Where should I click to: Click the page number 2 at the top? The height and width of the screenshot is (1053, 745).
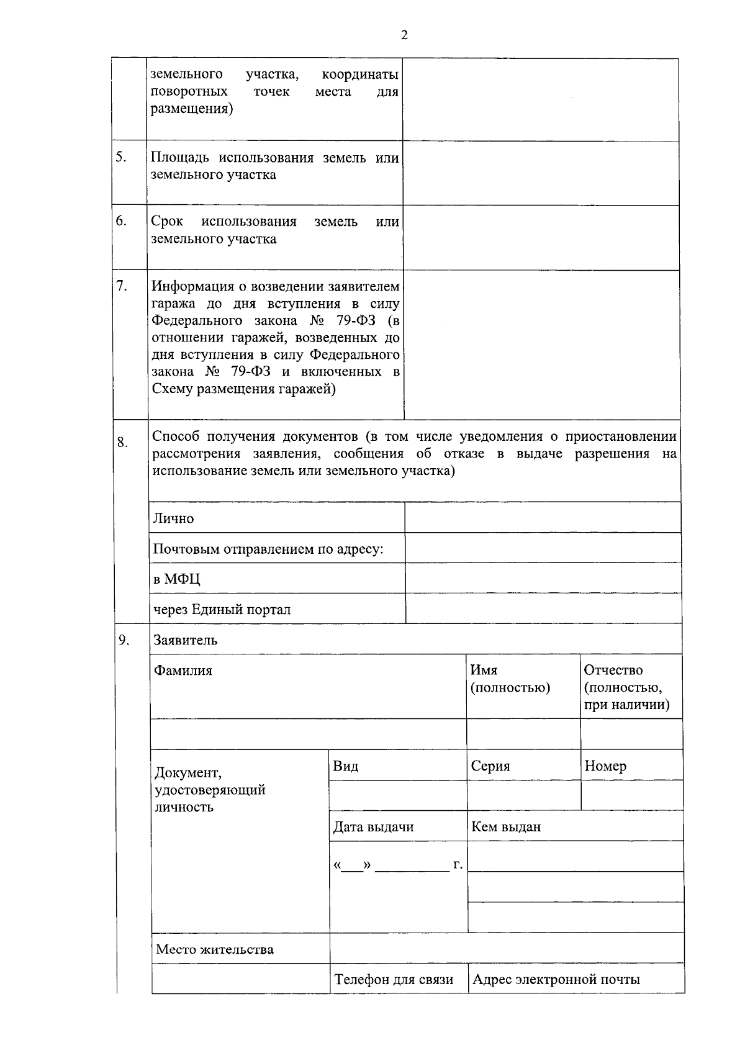tap(404, 35)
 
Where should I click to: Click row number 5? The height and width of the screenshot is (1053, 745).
tap(121, 157)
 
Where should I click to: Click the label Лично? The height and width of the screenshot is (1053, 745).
tap(174, 518)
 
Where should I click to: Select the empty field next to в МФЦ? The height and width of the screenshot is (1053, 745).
tap(543, 579)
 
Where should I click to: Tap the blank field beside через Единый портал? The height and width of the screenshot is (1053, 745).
tap(543, 608)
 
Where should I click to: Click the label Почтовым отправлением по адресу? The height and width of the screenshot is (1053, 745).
tap(268, 549)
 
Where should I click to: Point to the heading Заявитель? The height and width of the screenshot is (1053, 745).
tap(186, 640)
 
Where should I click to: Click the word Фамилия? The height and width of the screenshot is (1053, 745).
tap(183, 671)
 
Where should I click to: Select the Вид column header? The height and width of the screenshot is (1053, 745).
tap(346, 766)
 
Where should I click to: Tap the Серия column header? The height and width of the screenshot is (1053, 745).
tap(490, 766)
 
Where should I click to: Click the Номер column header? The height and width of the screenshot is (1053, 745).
tap(605, 766)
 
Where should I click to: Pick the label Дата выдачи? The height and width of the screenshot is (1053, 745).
tap(374, 827)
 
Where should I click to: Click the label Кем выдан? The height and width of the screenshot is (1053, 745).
tap(506, 827)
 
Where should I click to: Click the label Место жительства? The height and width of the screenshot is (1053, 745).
tap(215, 949)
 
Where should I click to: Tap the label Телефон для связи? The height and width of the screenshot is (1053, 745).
tap(394, 980)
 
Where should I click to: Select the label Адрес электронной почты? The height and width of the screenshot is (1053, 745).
tap(556, 980)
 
